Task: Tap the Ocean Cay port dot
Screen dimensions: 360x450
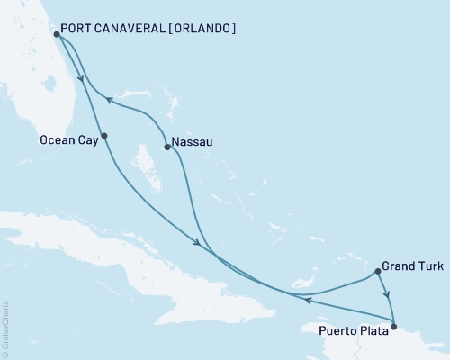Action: tap(104, 137)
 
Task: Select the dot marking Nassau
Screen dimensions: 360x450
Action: tap(166, 148)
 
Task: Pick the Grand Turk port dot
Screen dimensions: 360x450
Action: tap(378, 270)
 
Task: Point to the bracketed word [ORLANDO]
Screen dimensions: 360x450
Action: tap(202, 29)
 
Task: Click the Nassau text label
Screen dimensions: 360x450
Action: tap(191, 141)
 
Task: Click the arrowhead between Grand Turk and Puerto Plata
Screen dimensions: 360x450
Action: tap(387, 294)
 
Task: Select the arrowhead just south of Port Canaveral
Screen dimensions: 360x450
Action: tap(82, 76)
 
